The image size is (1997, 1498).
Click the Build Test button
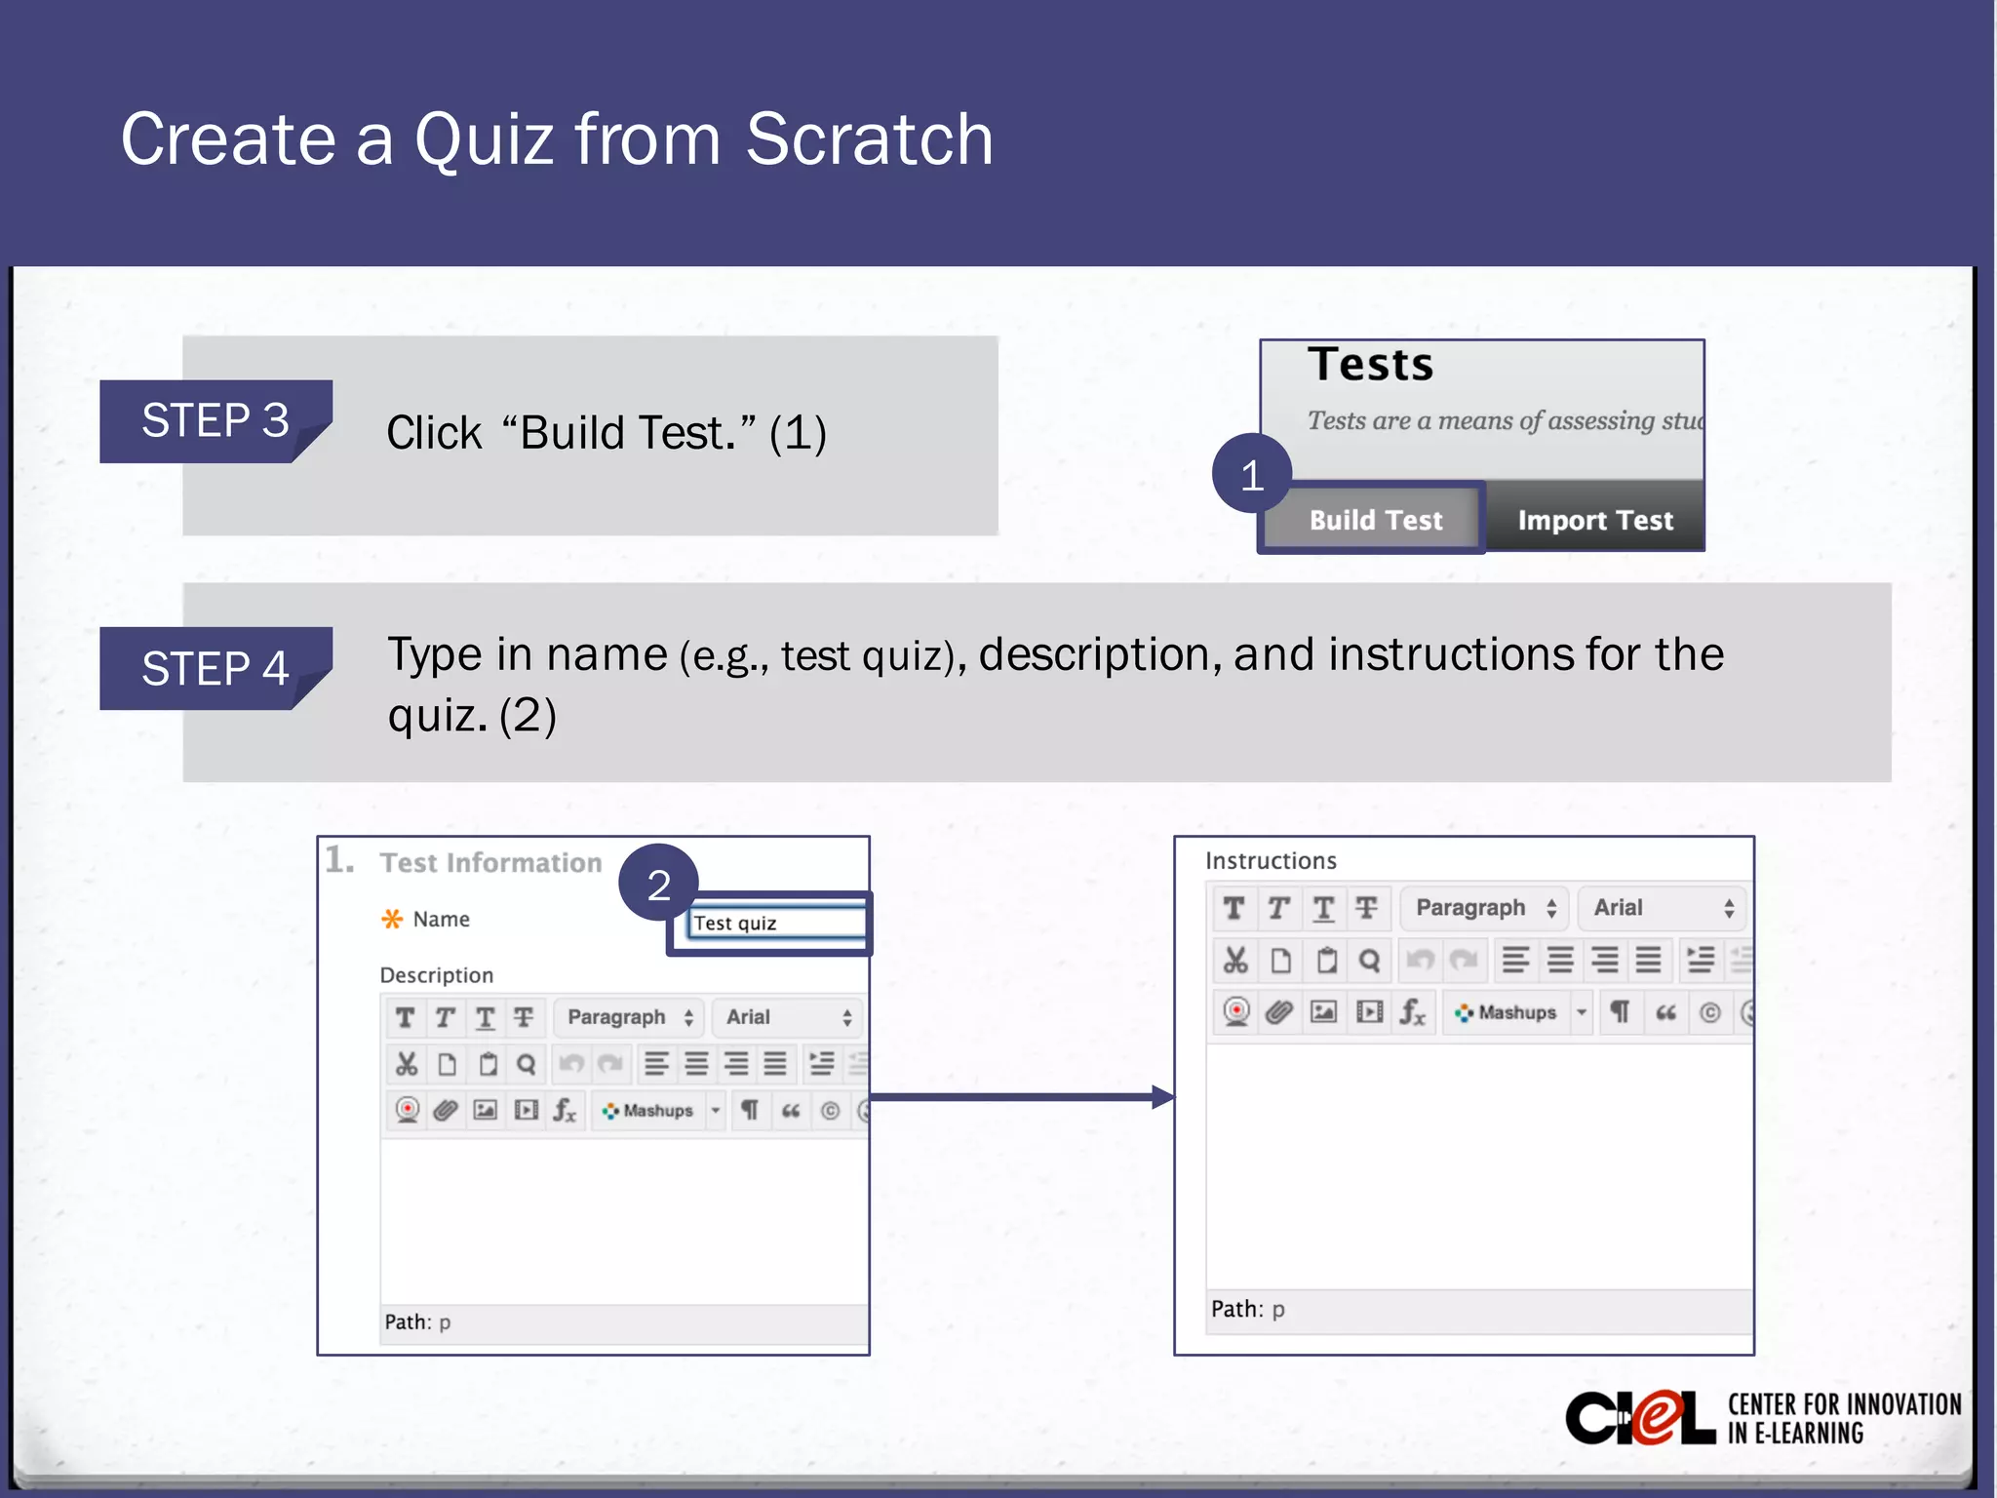tap(1375, 520)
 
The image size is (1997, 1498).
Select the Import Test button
tap(1594, 520)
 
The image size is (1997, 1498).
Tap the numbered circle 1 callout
tap(1252, 475)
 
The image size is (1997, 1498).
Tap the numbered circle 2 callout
tap(658, 884)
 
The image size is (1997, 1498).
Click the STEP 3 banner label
tap(215, 421)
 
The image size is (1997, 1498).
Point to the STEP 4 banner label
tap(215, 669)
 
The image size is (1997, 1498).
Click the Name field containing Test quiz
tap(775, 923)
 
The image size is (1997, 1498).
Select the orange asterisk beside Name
tap(392, 919)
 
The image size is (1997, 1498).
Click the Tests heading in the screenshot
tap(1370, 365)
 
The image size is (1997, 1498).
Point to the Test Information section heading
tap(490, 863)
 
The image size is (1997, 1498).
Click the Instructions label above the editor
tap(1271, 860)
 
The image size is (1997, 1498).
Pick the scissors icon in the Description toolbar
tap(407, 1064)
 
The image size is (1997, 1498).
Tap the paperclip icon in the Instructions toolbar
tap(1279, 1012)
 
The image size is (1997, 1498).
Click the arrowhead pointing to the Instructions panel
tap(1162, 1097)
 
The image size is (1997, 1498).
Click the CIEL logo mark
tap(1640, 1418)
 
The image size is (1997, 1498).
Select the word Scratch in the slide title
tap(869, 139)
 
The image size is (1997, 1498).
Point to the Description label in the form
tap(436, 975)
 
